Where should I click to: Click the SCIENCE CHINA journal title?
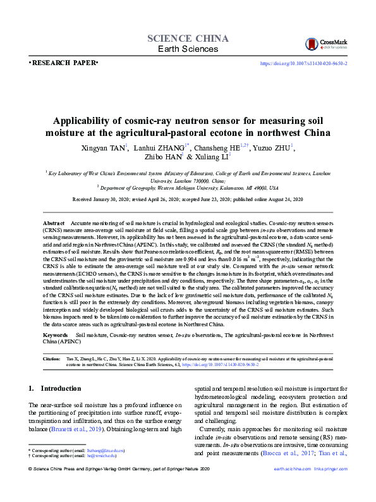[x=188, y=38]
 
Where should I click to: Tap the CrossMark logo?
[x=322, y=44]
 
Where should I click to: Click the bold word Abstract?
[x=53, y=224]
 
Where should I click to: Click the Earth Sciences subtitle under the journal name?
[x=188, y=49]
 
